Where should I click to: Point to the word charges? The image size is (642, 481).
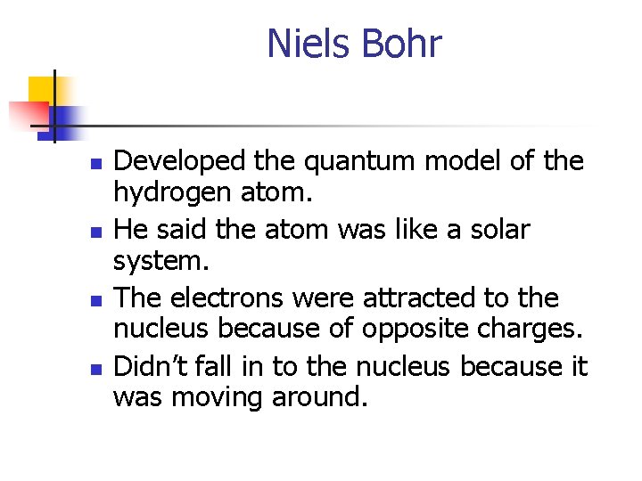pos(533,330)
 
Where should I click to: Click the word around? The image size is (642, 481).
pos(319,397)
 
